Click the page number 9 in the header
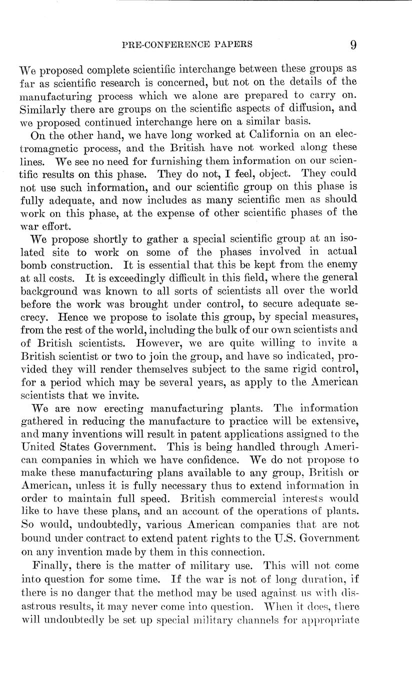click(353, 44)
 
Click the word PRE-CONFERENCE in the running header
click(171, 44)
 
